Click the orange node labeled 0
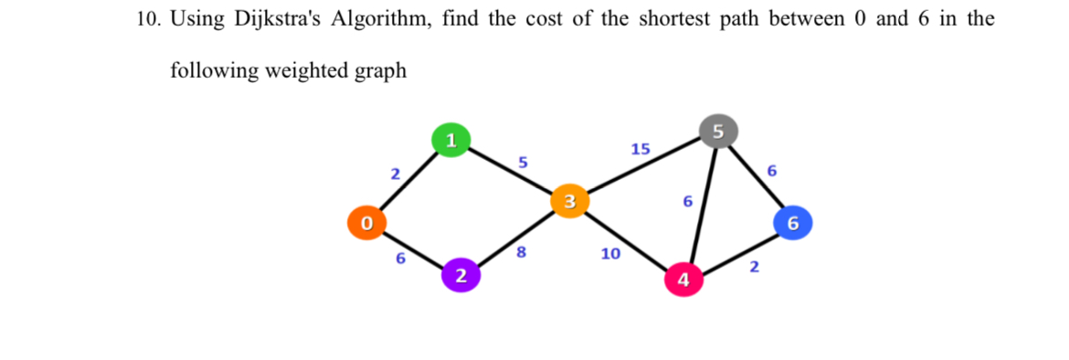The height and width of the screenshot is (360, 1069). click(366, 222)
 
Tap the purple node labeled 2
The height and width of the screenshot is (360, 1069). click(460, 275)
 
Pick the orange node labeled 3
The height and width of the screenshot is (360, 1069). click(568, 200)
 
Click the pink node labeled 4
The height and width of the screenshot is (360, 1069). click(683, 279)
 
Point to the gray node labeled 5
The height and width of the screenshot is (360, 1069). click(717, 131)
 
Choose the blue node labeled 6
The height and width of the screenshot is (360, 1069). click(792, 222)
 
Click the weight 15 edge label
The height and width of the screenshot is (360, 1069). click(640, 148)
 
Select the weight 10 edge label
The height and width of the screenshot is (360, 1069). click(610, 254)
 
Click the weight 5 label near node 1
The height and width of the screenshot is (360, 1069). click(523, 162)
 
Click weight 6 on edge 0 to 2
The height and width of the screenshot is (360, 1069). click(400, 259)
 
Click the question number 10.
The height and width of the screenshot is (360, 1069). click(145, 20)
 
